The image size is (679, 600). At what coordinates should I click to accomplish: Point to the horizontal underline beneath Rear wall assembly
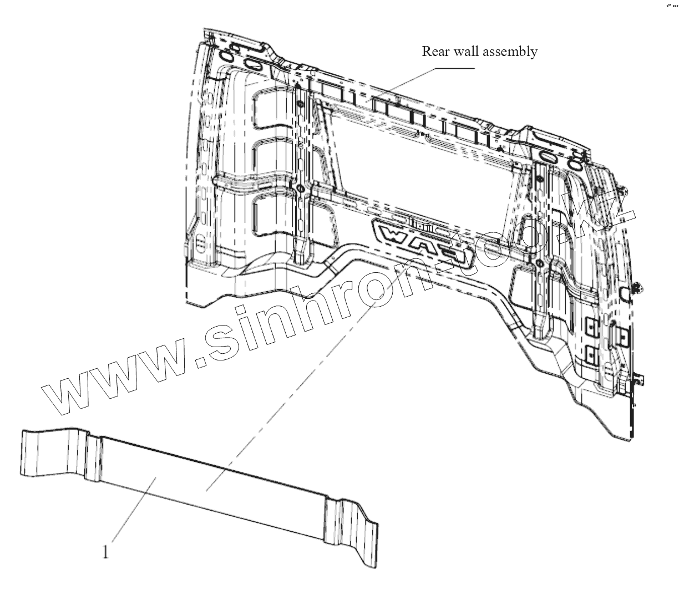point(454,68)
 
